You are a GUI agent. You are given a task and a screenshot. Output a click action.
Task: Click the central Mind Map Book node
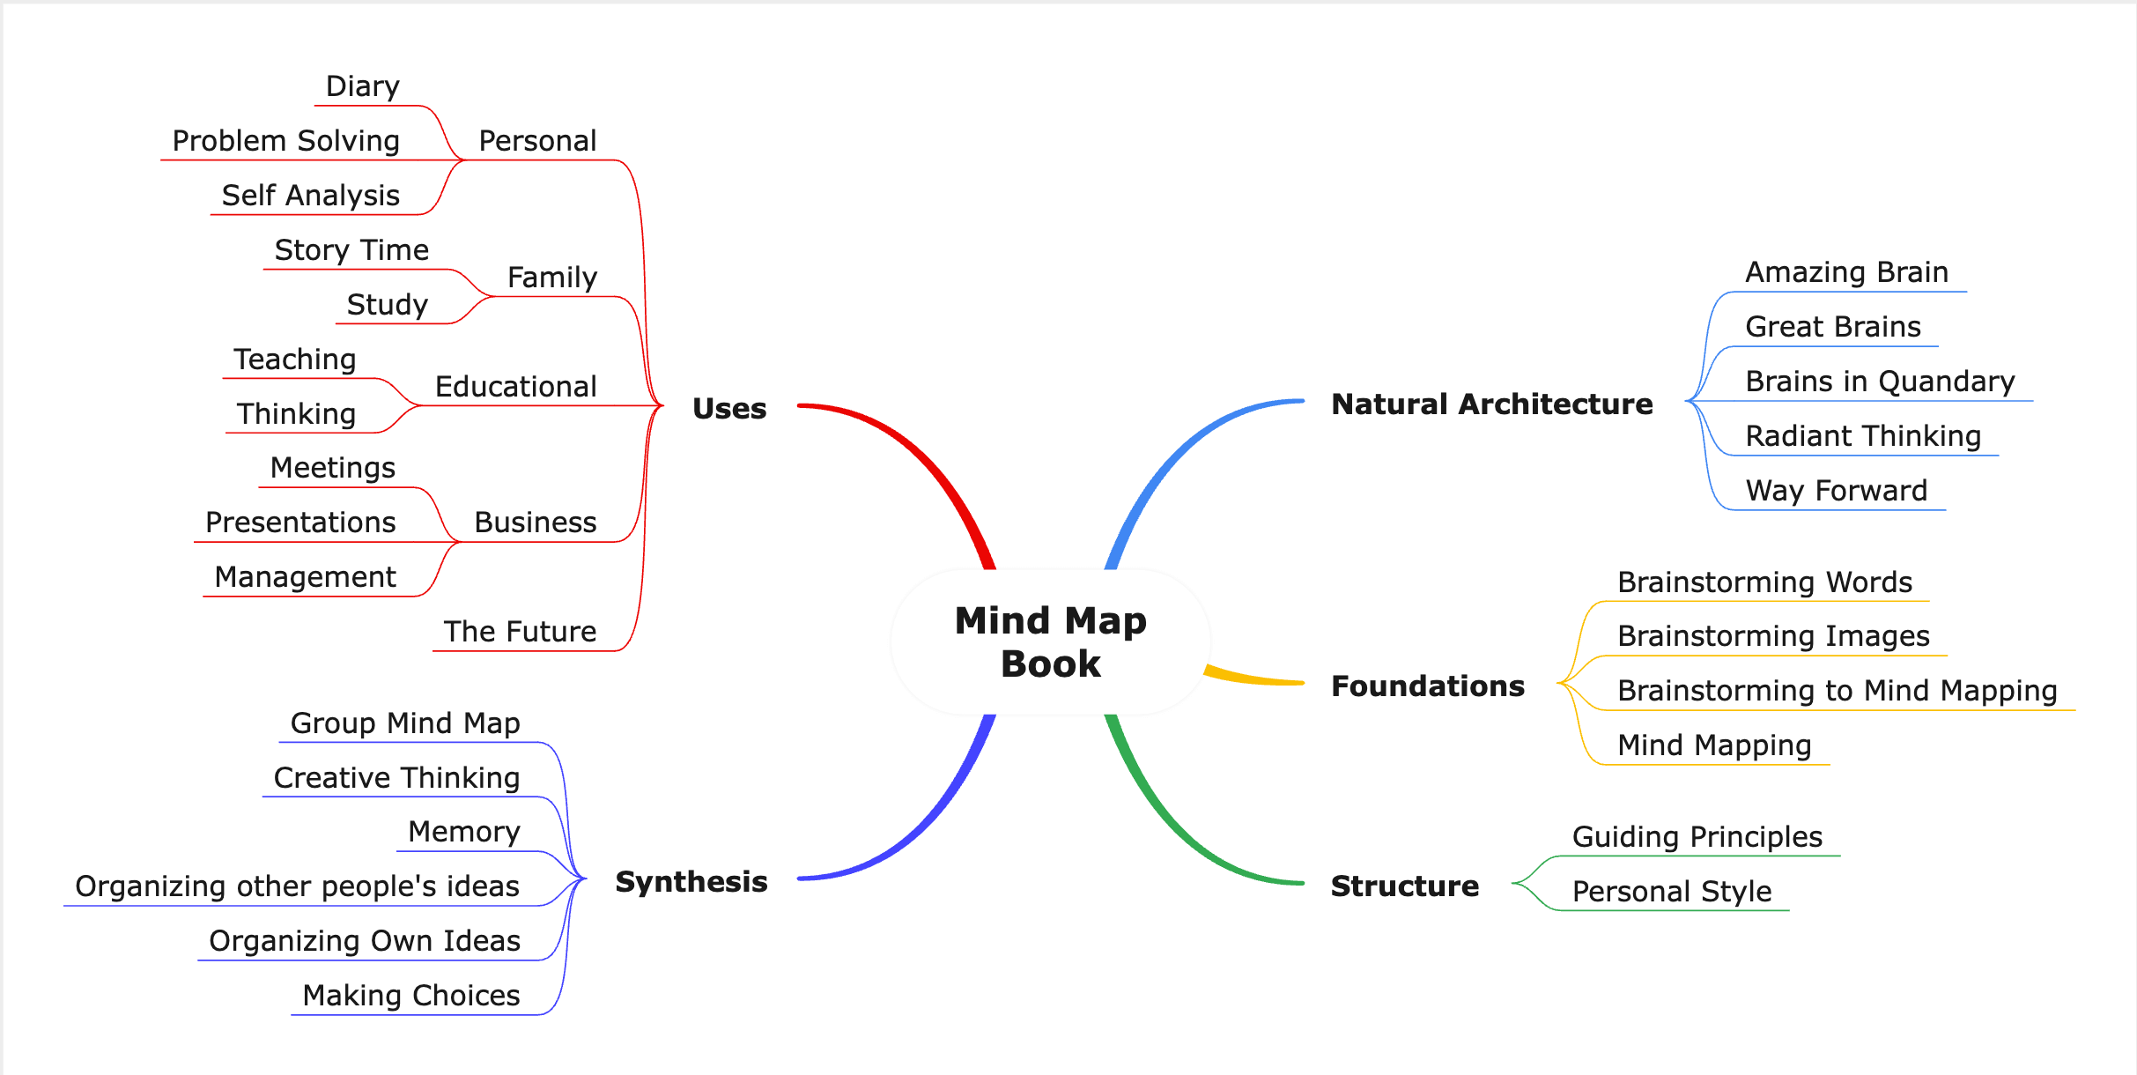pos(1050,641)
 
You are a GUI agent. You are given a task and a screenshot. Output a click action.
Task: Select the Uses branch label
pos(729,408)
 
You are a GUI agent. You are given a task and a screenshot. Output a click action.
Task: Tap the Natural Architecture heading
pos(1491,404)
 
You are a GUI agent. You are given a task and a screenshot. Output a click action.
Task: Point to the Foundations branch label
pos(1427,686)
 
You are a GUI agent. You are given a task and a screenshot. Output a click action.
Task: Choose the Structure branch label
pos(1404,886)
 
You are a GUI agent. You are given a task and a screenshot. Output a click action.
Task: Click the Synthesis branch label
pos(691,881)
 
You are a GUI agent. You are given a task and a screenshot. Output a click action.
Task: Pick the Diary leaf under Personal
pos(362,86)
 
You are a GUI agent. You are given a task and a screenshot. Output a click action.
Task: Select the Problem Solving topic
pos(285,141)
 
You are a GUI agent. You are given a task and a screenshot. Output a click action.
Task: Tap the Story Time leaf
pos(351,250)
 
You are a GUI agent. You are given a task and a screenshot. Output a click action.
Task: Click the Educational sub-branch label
pos(515,387)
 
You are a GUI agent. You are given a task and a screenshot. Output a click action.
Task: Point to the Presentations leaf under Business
pos(300,523)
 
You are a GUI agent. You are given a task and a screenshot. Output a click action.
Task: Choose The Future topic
pos(520,632)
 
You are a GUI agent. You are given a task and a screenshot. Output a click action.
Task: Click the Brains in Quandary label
pos(1880,382)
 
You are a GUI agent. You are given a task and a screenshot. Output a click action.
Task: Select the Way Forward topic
pos(1836,491)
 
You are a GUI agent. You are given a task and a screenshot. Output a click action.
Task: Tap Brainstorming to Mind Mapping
pos(1837,691)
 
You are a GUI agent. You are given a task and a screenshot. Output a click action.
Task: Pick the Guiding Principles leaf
pos(1697,837)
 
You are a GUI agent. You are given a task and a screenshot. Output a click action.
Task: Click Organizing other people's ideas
pos(297,886)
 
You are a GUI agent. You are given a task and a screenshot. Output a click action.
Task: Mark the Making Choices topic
pos(410,996)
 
